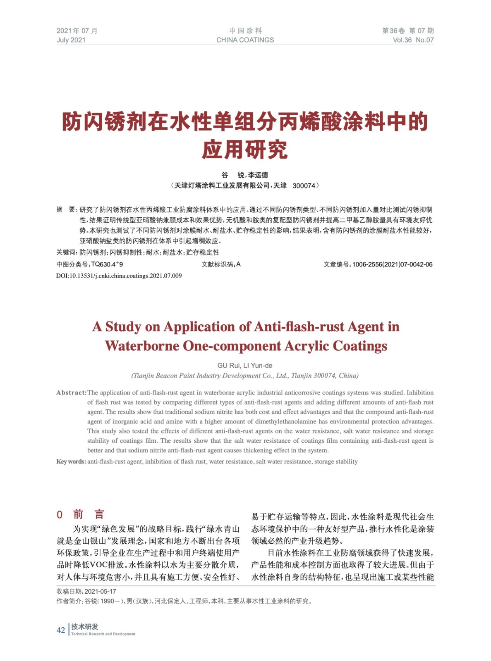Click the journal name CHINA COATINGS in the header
245,40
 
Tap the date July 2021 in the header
71,40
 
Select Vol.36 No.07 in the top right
413,40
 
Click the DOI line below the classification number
119,276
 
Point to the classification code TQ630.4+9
107,264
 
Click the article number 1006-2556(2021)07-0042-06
392,264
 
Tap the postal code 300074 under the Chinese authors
304,186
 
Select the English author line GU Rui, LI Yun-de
245,365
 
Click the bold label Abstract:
71,392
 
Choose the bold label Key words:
71,461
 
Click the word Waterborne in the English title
141,346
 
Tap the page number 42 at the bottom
61,630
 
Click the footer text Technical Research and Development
103,634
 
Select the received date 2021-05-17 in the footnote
101,591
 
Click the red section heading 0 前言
80,514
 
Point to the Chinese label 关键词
67,252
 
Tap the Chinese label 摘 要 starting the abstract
66,210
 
